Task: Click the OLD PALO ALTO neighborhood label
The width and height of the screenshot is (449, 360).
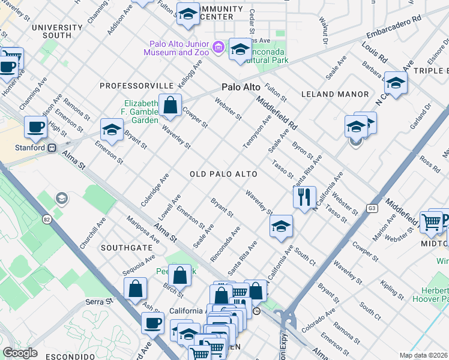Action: tap(223, 174)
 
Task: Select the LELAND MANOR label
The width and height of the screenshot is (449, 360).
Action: tap(334, 94)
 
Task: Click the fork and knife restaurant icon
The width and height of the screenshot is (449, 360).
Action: tap(304, 196)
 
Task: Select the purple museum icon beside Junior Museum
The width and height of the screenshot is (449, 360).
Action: tap(218, 47)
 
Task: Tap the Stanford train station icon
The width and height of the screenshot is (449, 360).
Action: tap(52, 147)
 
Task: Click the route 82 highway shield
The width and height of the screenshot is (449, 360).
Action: tap(47, 220)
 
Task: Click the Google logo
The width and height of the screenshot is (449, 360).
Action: tap(20, 352)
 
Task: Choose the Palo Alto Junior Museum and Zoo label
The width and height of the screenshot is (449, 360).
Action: tap(176, 48)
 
